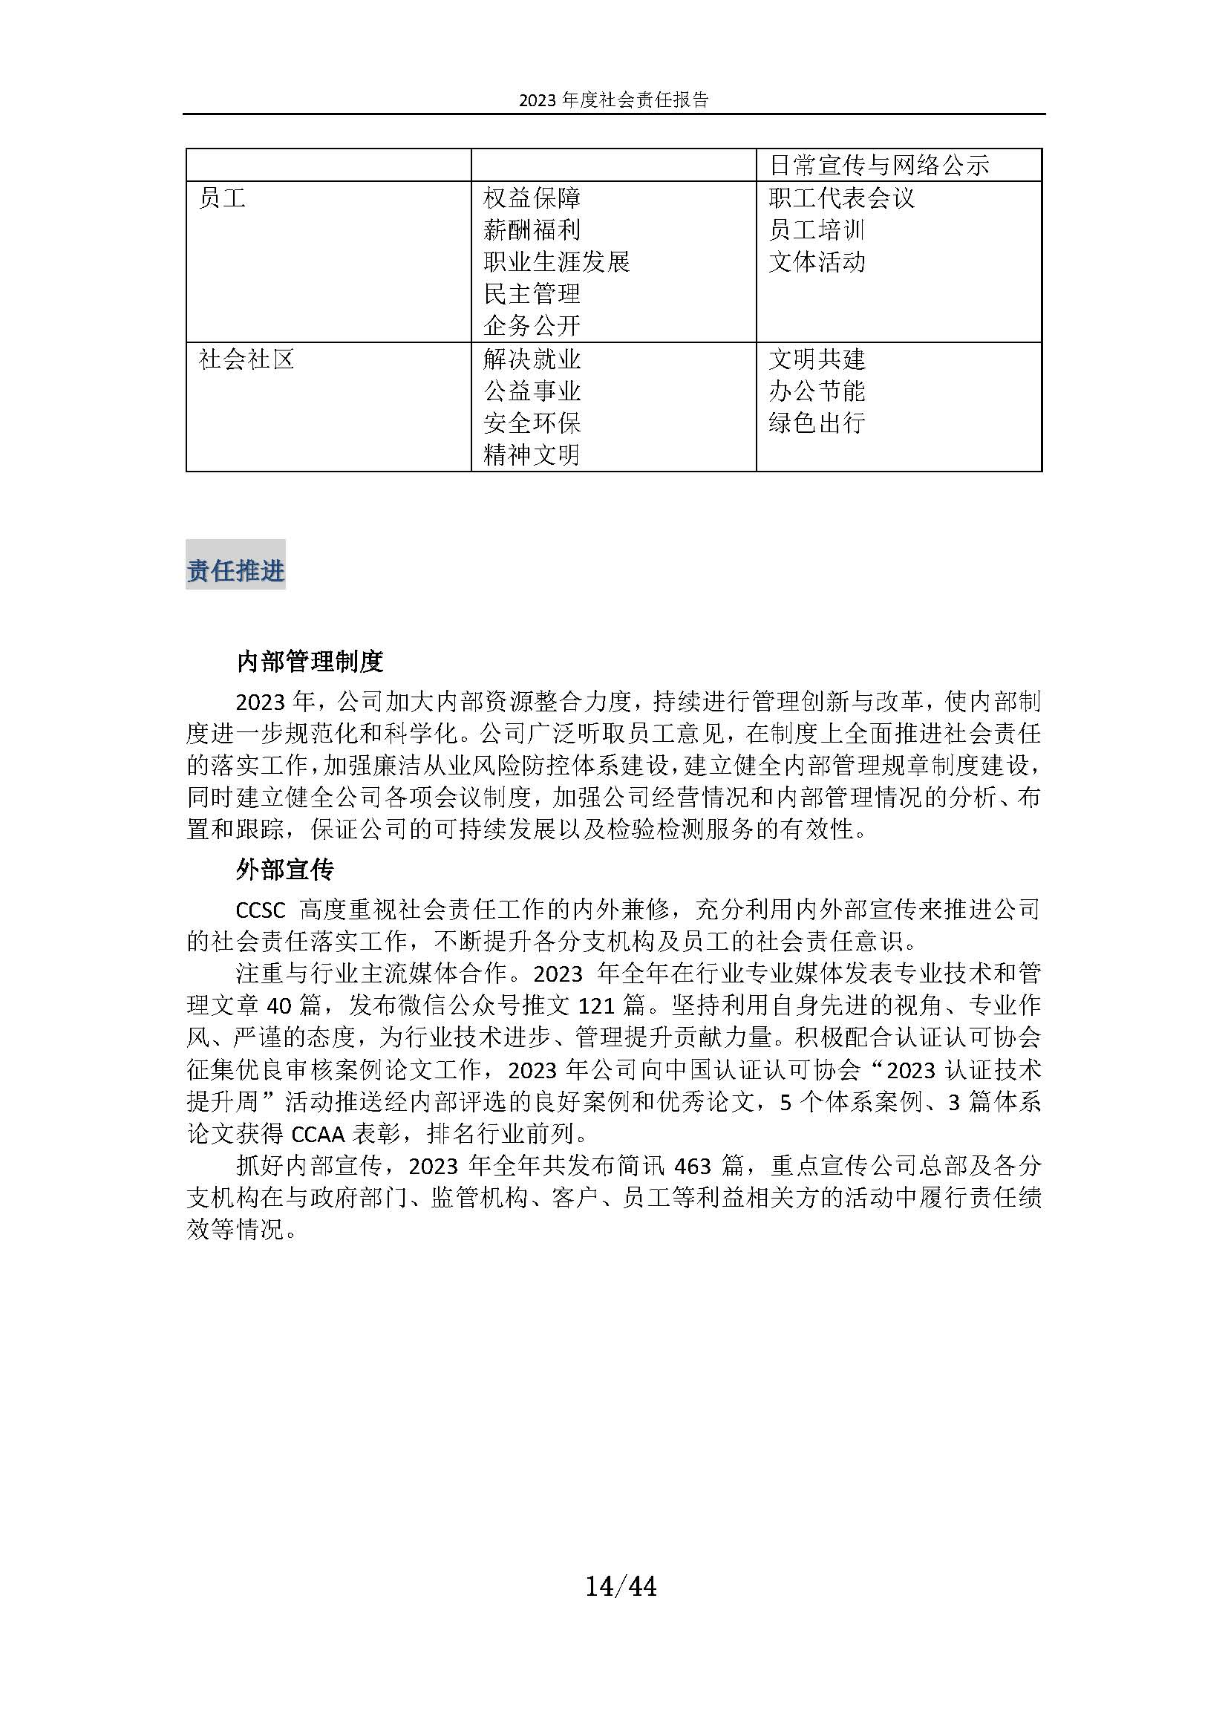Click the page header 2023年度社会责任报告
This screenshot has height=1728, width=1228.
coord(613,100)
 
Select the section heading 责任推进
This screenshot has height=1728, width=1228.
coord(235,571)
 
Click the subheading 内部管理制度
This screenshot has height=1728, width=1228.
coord(310,662)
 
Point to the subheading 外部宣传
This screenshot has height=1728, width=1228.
coord(285,870)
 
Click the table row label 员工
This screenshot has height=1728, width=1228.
coord(222,199)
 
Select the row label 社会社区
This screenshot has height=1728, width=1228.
coord(246,359)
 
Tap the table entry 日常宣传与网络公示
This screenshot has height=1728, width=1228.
coord(878,166)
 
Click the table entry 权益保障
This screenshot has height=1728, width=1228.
coord(532,199)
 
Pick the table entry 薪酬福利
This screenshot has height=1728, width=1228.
coord(532,231)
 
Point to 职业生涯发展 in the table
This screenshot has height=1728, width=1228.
coord(557,262)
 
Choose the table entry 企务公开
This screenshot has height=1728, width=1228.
coord(532,326)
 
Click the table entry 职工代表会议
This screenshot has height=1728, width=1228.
coord(842,199)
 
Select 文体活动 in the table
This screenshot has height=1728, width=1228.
coord(817,262)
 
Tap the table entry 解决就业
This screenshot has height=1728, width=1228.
coord(532,359)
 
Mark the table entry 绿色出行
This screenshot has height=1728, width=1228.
coord(817,423)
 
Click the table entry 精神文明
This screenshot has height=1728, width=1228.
coord(532,454)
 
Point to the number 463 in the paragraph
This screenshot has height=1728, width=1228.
coord(693,1166)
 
